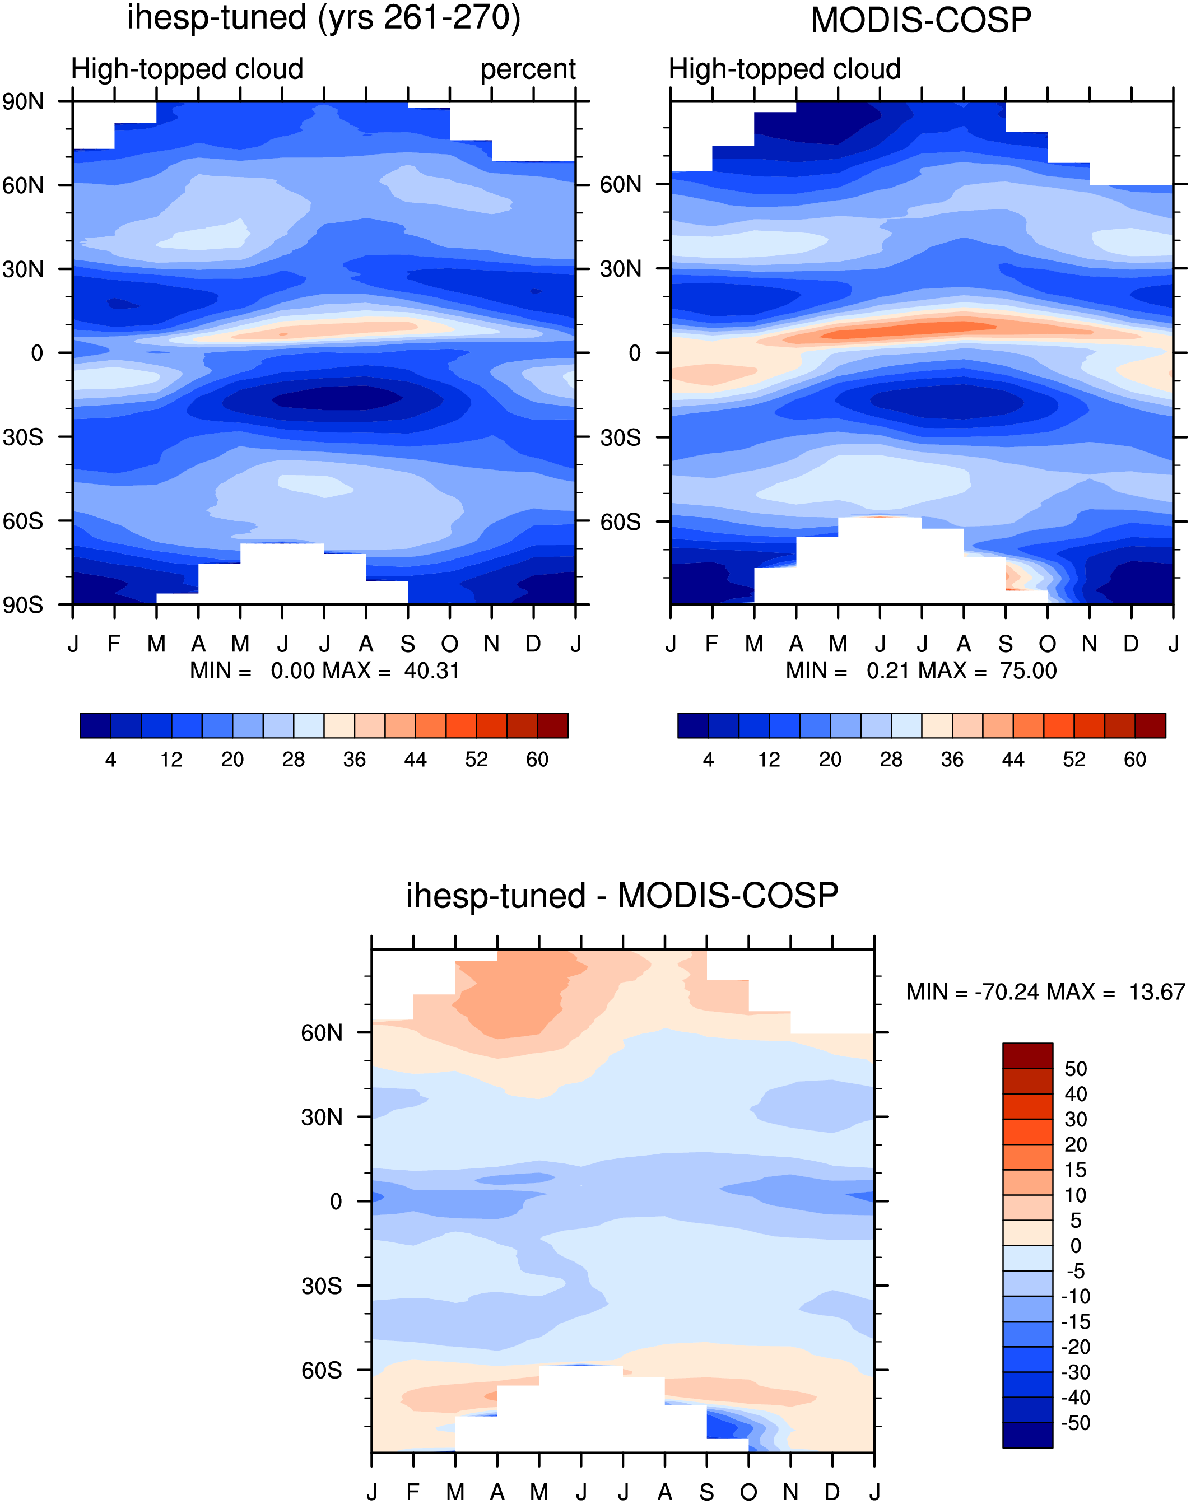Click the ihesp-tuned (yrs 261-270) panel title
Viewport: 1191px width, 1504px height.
324,17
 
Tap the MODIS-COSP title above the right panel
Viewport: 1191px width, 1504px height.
920,20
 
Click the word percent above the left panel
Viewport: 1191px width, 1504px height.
528,69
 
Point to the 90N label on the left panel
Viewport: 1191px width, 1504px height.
23,102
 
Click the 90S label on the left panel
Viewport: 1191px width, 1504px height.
23,604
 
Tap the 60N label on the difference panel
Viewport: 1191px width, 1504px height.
322,1033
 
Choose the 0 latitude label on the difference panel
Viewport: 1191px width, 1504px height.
336,1201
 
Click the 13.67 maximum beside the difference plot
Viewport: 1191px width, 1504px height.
1157,991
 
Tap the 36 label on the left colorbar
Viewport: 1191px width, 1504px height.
354,760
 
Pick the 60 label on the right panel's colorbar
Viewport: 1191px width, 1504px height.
1135,760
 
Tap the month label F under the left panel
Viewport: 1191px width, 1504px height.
114,643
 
